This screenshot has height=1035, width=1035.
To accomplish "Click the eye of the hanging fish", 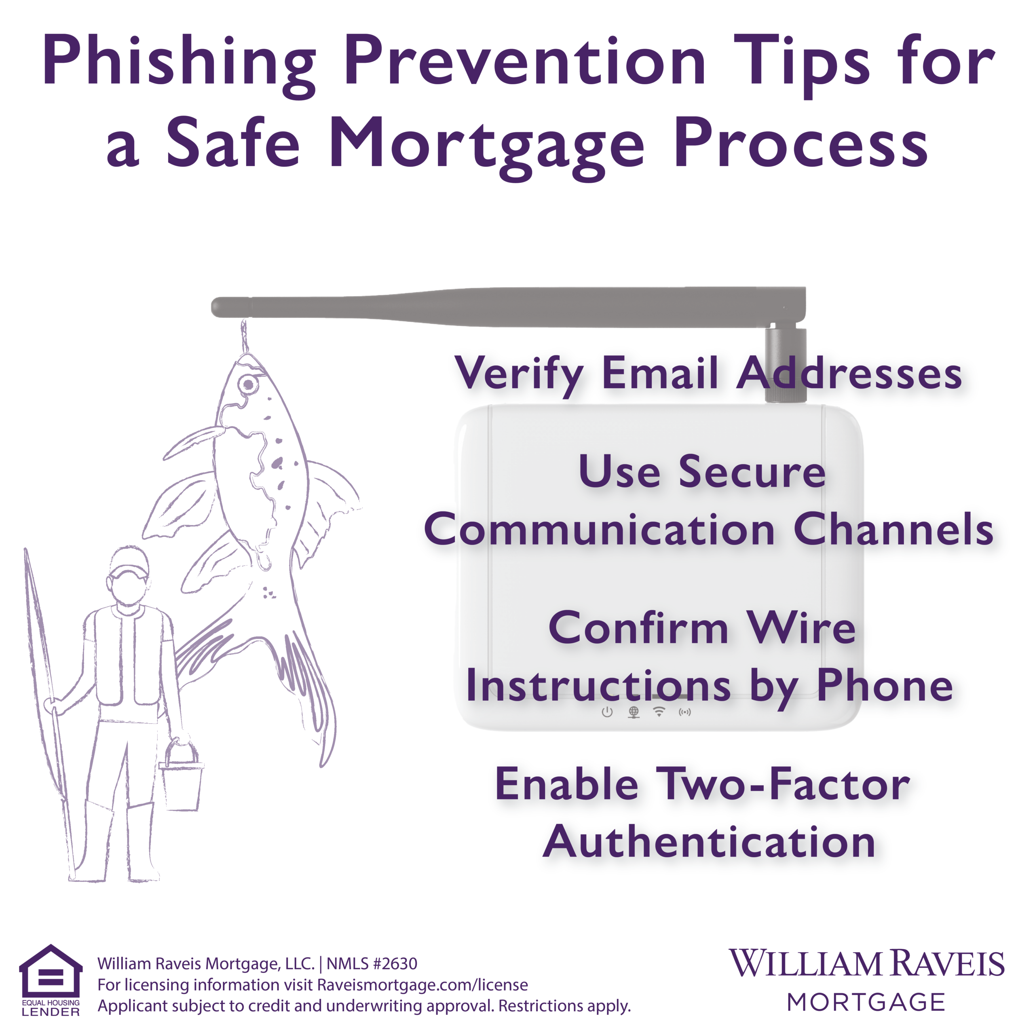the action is coord(248,384).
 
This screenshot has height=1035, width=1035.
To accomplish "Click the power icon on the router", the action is coord(607,712).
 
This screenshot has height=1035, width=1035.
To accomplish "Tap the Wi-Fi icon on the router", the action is coord(659,712).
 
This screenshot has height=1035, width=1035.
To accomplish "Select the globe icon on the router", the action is coord(634,712).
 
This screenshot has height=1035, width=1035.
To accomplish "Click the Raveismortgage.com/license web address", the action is coord(422,984).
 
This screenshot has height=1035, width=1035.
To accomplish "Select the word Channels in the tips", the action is coord(893,530).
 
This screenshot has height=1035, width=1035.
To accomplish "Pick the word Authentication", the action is coord(709,842).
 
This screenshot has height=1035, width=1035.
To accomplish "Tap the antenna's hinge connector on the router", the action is coord(786,364).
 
